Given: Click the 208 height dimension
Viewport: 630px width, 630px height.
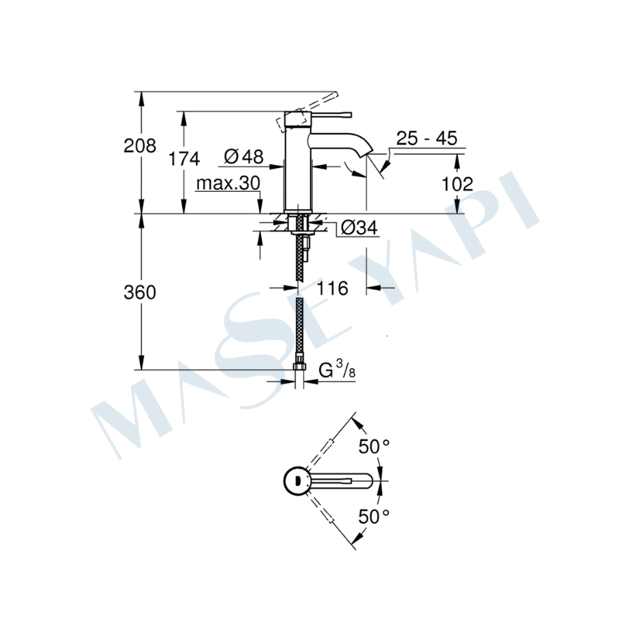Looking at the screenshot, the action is pos(140,146).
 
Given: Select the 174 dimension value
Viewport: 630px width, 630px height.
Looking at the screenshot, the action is pos(183,159).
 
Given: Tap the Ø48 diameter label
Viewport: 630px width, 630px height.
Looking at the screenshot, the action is pos(244,156).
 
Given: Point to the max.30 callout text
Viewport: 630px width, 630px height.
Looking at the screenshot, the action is pos(228,183).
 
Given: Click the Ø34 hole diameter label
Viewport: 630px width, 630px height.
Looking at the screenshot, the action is pos(359,227).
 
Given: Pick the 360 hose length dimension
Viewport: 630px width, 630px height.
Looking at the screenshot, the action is pos(140,293).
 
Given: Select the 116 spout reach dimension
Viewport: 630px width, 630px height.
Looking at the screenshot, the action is pos(332,288).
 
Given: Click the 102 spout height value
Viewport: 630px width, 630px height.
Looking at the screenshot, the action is pos(457,184).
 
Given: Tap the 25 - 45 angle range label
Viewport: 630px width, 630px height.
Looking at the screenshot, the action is pos(427,138).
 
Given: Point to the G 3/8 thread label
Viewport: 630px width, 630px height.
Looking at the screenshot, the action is pos(337,370).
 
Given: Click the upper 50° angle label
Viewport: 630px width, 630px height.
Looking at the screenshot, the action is pos(374,447).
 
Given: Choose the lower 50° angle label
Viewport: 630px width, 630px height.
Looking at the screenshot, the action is pos(374,517).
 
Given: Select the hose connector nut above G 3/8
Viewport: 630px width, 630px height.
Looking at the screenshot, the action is pos(300,366).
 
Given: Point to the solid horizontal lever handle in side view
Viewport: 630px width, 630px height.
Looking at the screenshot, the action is pos(330,115).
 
